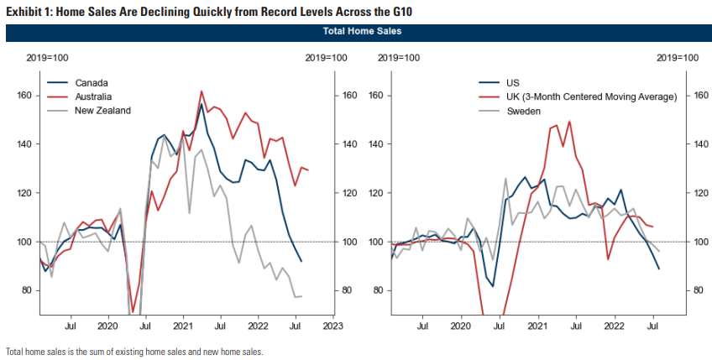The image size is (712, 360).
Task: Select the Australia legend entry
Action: coord(94,97)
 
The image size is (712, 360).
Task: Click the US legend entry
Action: coord(513,83)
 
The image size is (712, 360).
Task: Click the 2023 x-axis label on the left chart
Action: coord(332,325)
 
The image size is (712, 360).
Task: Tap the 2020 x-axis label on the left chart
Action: coord(107,325)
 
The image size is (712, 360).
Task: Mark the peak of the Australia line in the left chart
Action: coord(202,91)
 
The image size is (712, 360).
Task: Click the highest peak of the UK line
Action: coord(569,121)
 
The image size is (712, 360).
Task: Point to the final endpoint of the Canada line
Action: coord(301,262)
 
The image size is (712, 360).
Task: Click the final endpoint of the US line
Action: coord(659,269)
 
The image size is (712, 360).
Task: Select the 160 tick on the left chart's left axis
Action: coord(24,96)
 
